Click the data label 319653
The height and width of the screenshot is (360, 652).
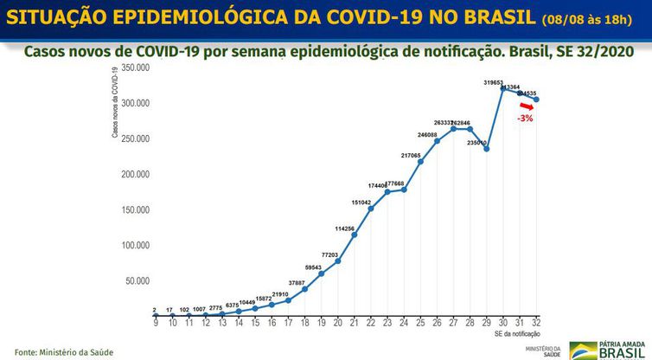(x=493, y=82)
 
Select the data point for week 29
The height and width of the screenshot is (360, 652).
(x=487, y=149)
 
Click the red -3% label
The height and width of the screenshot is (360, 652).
(x=524, y=118)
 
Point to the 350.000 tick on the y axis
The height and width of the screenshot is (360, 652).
(x=136, y=67)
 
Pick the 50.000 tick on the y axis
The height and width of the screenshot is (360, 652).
(x=138, y=281)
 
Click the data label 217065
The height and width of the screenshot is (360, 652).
(x=411, y=155)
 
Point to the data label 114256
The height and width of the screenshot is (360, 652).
(x=344, y=228)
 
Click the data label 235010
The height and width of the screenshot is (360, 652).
(x=476, y=143)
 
